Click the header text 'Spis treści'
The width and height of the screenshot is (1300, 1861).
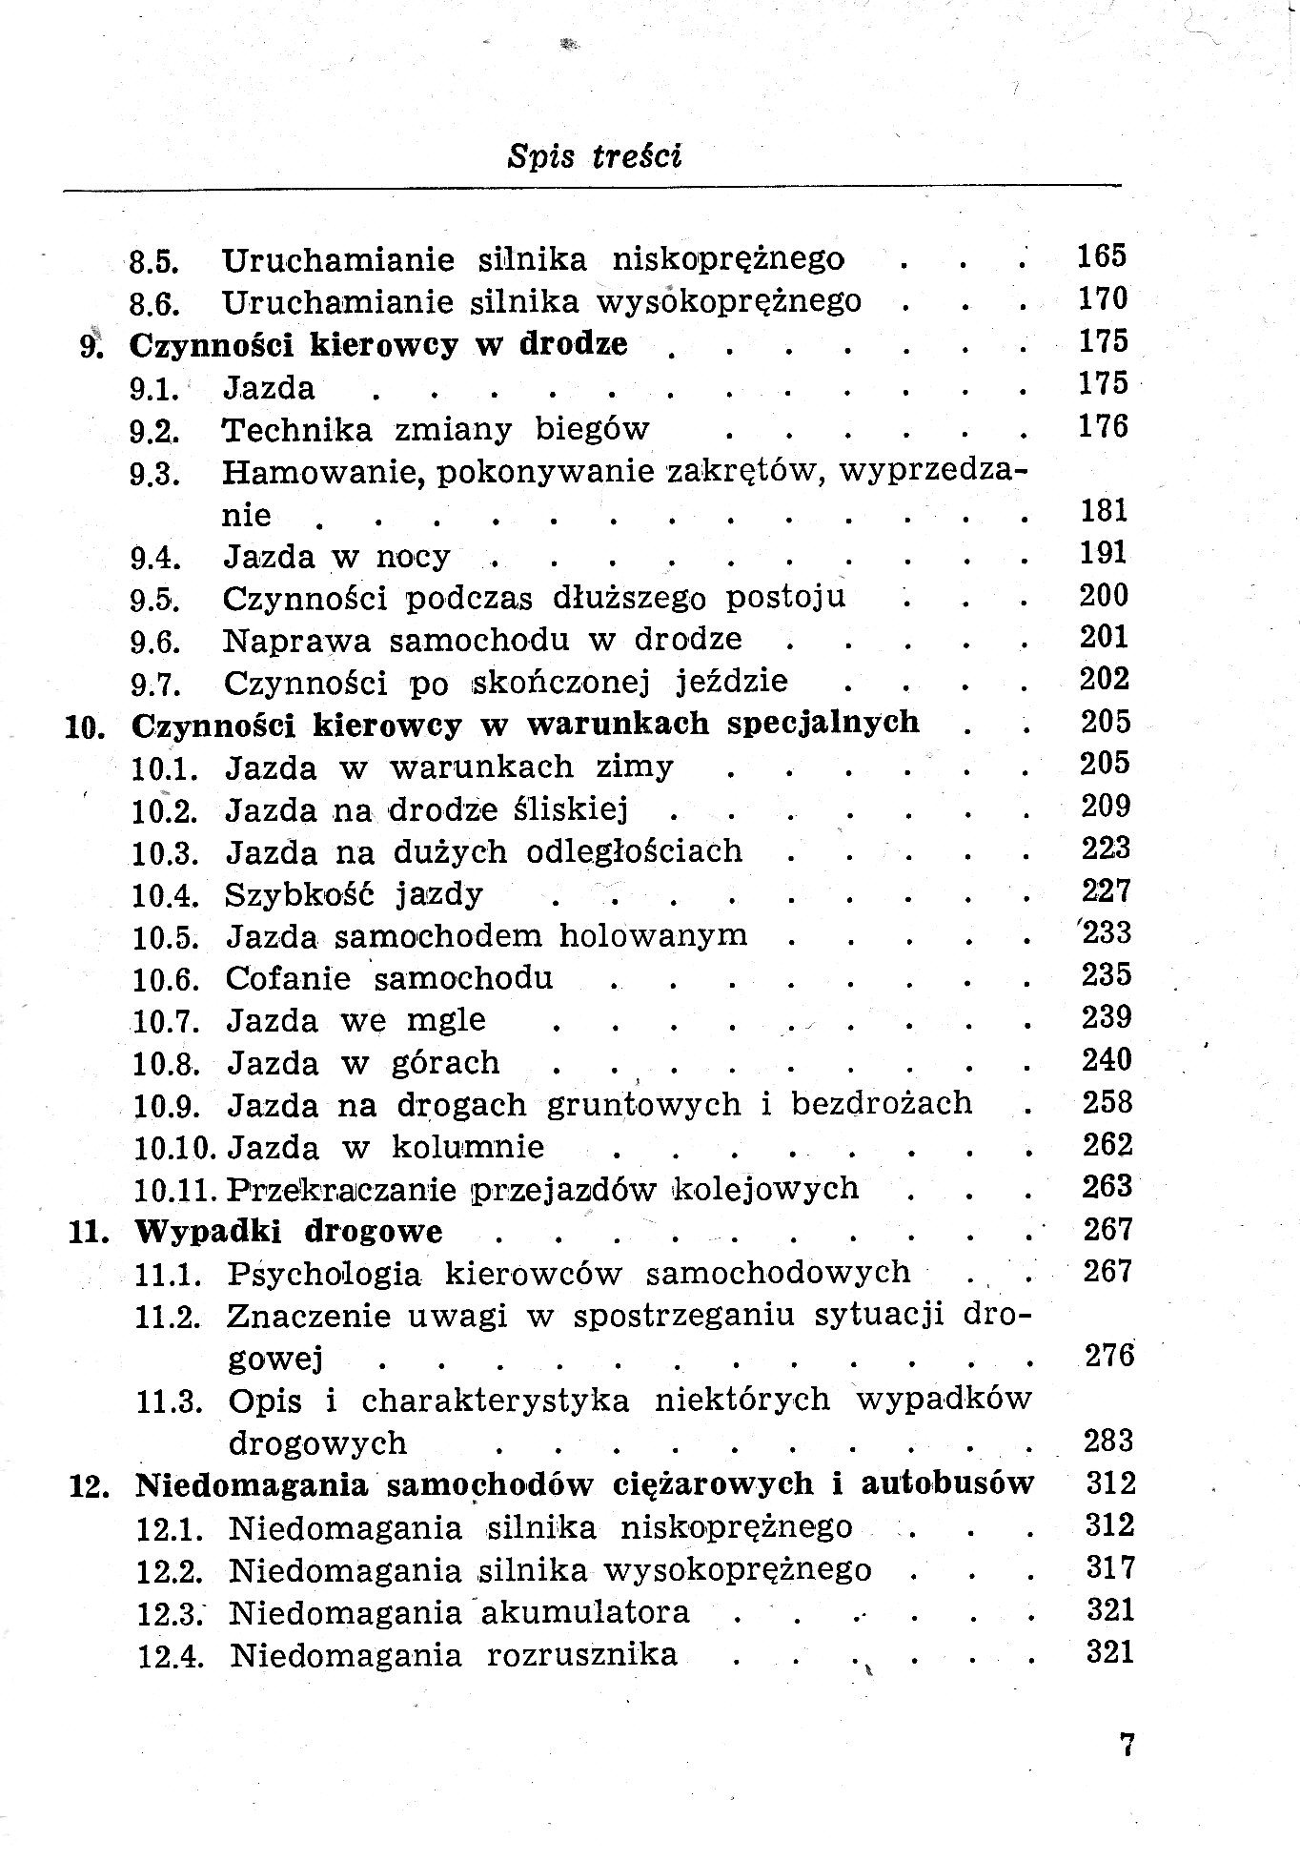595,155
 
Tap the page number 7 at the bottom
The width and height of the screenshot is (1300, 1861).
1127,1745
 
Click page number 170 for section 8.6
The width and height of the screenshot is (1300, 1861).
1103,299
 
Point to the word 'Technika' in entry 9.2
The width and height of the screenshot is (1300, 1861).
297,429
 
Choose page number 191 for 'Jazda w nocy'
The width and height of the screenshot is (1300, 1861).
1104,553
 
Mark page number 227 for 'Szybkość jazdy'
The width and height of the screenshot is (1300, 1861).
1106,890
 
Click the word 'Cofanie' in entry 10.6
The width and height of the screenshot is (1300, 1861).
288,978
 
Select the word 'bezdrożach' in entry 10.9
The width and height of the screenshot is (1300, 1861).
882,1103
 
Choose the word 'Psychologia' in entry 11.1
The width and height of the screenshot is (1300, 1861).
324,1274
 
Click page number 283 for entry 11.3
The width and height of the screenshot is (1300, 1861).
1108,1440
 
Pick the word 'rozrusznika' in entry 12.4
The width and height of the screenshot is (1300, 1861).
581,1654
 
